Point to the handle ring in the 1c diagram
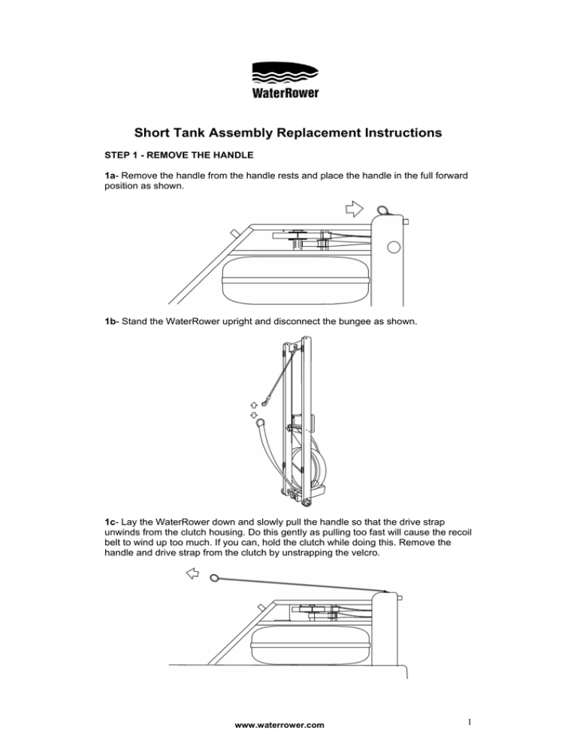pyautogui.click(x=215, y=578)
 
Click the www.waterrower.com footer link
pyautogui.click(x=279, y=724)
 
